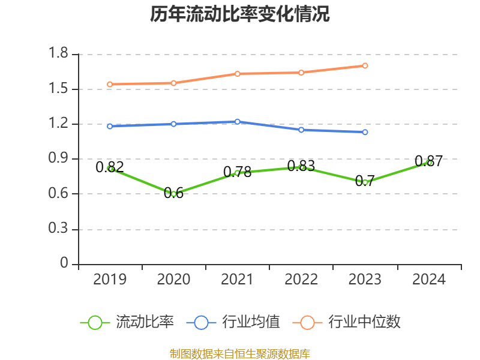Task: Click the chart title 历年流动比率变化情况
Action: (239, 14)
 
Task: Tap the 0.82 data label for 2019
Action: (110, 167)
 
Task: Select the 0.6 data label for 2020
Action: (174, 193)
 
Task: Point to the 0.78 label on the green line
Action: (238, 172)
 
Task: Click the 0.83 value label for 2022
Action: (301, 166)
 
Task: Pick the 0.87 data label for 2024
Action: (428, 161)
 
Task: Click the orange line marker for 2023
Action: (365, 65)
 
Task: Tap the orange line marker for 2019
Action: (110, 84)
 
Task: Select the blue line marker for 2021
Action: (238, 122)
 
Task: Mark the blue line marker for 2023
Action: (365, 132)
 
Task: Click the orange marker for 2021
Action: (238, 74)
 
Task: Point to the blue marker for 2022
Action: (301, 130)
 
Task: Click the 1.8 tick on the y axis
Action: (59, 55)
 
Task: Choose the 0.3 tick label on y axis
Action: (59, 230)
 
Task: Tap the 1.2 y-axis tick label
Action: (59, 124)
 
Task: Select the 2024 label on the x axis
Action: (428, 280)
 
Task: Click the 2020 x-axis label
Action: (174, 280)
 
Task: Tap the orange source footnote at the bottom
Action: (239, 353)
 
